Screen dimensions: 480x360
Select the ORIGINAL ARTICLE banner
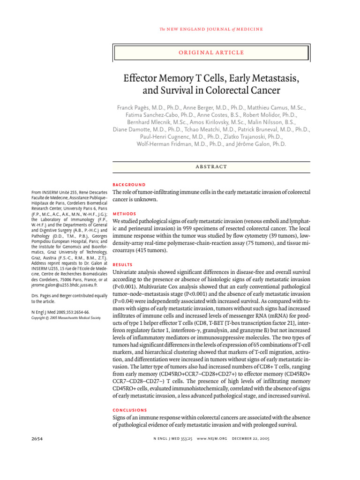[x=211, y=52]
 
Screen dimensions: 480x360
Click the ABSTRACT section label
[x=211, y=166]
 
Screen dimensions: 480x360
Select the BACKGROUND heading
[x=129, y=185]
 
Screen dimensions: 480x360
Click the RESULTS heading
[x=124, y=264]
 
